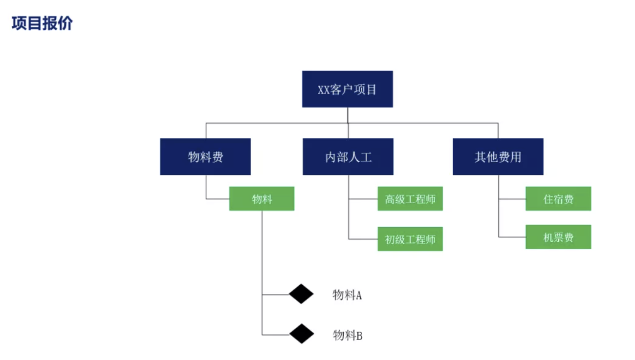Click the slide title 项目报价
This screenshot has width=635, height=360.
click(x=42, y=23)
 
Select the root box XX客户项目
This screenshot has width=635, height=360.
click(x=347, y=89)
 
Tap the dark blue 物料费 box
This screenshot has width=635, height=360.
click(x=205, y=157)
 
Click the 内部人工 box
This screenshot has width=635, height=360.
click(x=348, y=157)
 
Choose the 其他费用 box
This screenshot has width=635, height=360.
click(x=498, y=157)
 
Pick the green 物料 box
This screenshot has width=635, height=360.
click(x=262, y=199)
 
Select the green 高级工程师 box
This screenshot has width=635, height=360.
click(x=410, y=199)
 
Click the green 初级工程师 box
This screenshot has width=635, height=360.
click(x=410, y=239)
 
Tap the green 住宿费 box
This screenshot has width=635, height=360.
click(x=558, y=199)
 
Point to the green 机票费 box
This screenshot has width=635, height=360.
click(x=558, y=237)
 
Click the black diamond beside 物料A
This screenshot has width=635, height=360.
click(x=301, y=294)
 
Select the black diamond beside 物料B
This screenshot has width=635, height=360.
click(x=301, y=334)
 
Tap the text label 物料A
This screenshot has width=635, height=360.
click(x=347, y=295)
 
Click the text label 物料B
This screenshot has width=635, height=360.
click(x=347, y=336)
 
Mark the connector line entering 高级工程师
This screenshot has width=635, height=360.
click(x=363, y=199)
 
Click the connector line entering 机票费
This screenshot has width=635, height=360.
click(x=512, y=237)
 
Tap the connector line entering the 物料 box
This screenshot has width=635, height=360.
click(x=218, y=199)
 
